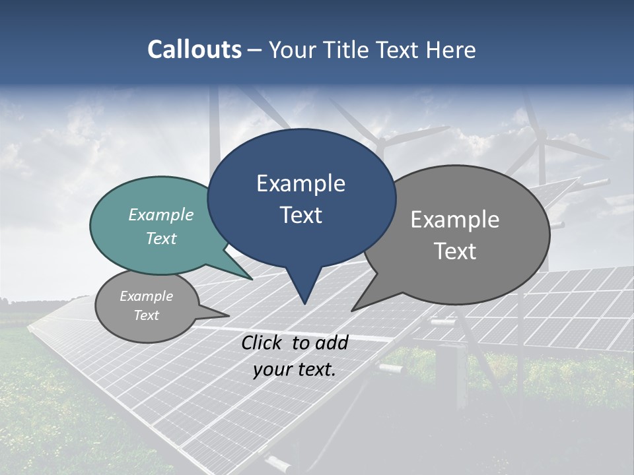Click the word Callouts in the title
click(194, 49)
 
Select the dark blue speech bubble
click(301, 198)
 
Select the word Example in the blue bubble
click(300, 183)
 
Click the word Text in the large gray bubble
click(455, 251)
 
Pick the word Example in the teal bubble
click(161, 214)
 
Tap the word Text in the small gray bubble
click(147, 315)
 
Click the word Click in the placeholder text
click(263, 342)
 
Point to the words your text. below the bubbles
click(295, 369)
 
